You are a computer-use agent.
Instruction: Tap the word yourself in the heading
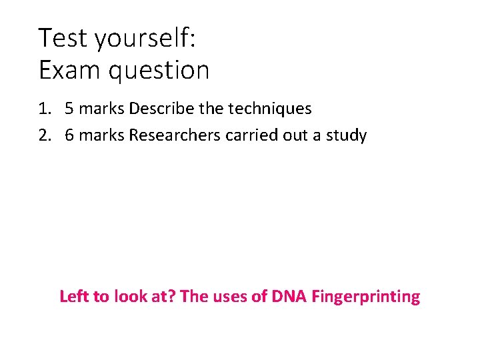click(x=145, y=38)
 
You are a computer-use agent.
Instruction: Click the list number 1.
click(x=44, y=108)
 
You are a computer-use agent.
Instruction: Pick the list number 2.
click(x=44, y=135)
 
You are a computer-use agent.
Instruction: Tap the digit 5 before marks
click(x=69, y=108)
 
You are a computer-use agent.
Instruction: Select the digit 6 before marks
click(x=69, y=135)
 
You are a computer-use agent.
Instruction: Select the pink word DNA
click(x=287, y=296)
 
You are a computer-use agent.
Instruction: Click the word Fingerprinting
click(x=363, y=297)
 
